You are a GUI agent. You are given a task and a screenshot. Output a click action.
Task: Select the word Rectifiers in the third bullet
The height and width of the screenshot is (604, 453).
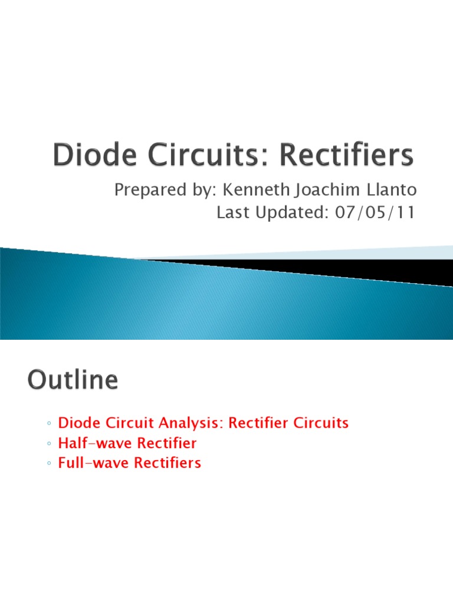pyautogui.click(x=168, y=463)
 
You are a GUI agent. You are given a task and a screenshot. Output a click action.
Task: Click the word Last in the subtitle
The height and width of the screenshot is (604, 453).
pyautogui.click(x=230, y=212)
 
